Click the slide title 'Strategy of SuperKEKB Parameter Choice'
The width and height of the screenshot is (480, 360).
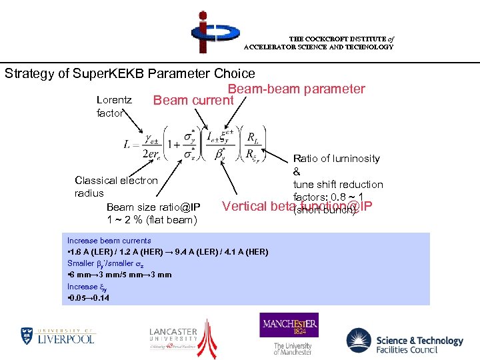tap(130, 73)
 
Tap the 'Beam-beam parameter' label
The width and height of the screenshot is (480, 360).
tap(296, 89)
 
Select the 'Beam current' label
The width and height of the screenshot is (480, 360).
tap(193, 101)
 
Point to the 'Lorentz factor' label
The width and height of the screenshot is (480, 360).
tap(114, 106)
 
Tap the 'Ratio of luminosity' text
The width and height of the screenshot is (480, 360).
tap(336, 159)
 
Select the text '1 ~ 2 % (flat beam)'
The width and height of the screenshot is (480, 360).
tap(151, 220)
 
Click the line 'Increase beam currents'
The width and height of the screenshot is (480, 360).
tap(109, 241)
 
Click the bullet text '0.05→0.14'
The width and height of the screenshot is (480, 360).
tap(89, 298)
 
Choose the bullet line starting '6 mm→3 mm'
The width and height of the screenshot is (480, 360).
tap(119, 275)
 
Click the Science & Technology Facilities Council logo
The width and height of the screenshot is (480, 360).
tap(405, 341)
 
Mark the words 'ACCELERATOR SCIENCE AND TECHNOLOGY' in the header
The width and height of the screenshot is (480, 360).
tap(318, 47)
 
